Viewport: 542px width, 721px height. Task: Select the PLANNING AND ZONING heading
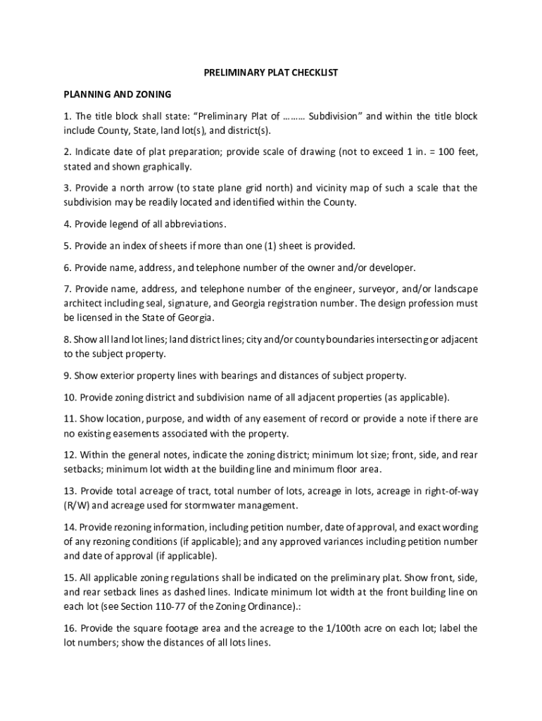point(118,94)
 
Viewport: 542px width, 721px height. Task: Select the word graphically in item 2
point(166,167)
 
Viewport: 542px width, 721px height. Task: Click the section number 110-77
point(179,606)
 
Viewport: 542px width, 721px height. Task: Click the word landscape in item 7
point(455,289)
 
